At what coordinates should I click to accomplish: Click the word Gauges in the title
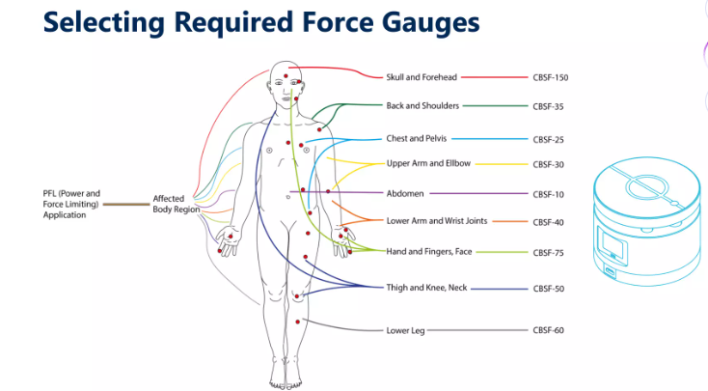click(x=430, y=22)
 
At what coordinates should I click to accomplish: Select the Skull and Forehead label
click(x=422, y=77)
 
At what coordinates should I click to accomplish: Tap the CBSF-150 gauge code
click(x=551, y=78)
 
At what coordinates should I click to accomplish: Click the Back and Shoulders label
click(x=422, y=106)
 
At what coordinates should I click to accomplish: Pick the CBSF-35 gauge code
click(x=548, y=106)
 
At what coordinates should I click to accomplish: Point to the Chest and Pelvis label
click(x=417, y=139)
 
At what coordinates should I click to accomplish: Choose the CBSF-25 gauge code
click(x=548, y=140)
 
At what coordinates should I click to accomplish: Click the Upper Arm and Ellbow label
click(x=428, y=163)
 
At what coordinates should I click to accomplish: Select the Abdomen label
click(x=405, y=193)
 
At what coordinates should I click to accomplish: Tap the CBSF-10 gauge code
click(x=548, y=195)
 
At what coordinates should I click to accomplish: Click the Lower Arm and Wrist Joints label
click(x=437, y=221)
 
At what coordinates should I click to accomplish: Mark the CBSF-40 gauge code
click(x=548, y=222)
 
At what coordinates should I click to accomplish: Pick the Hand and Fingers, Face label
click(x=429, y=252)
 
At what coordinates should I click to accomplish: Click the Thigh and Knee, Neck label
click(x=426, y=288)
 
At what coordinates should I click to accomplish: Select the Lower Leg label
click(x=405, y=330)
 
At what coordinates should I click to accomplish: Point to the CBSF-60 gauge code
click(x=548, y=330)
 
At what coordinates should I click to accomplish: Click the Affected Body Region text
click(x=177, y=204)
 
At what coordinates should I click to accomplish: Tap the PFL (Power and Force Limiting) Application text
click(x=71, y=204)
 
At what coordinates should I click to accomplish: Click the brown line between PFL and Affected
click(x=126, y=205)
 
